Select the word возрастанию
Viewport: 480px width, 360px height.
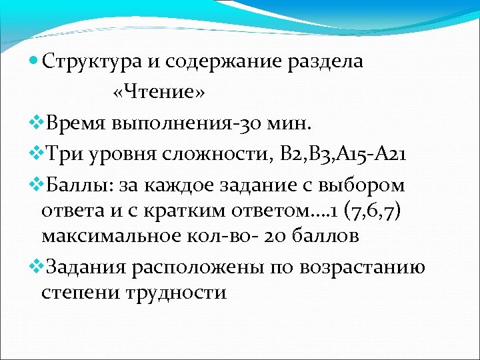tap(363, 267)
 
